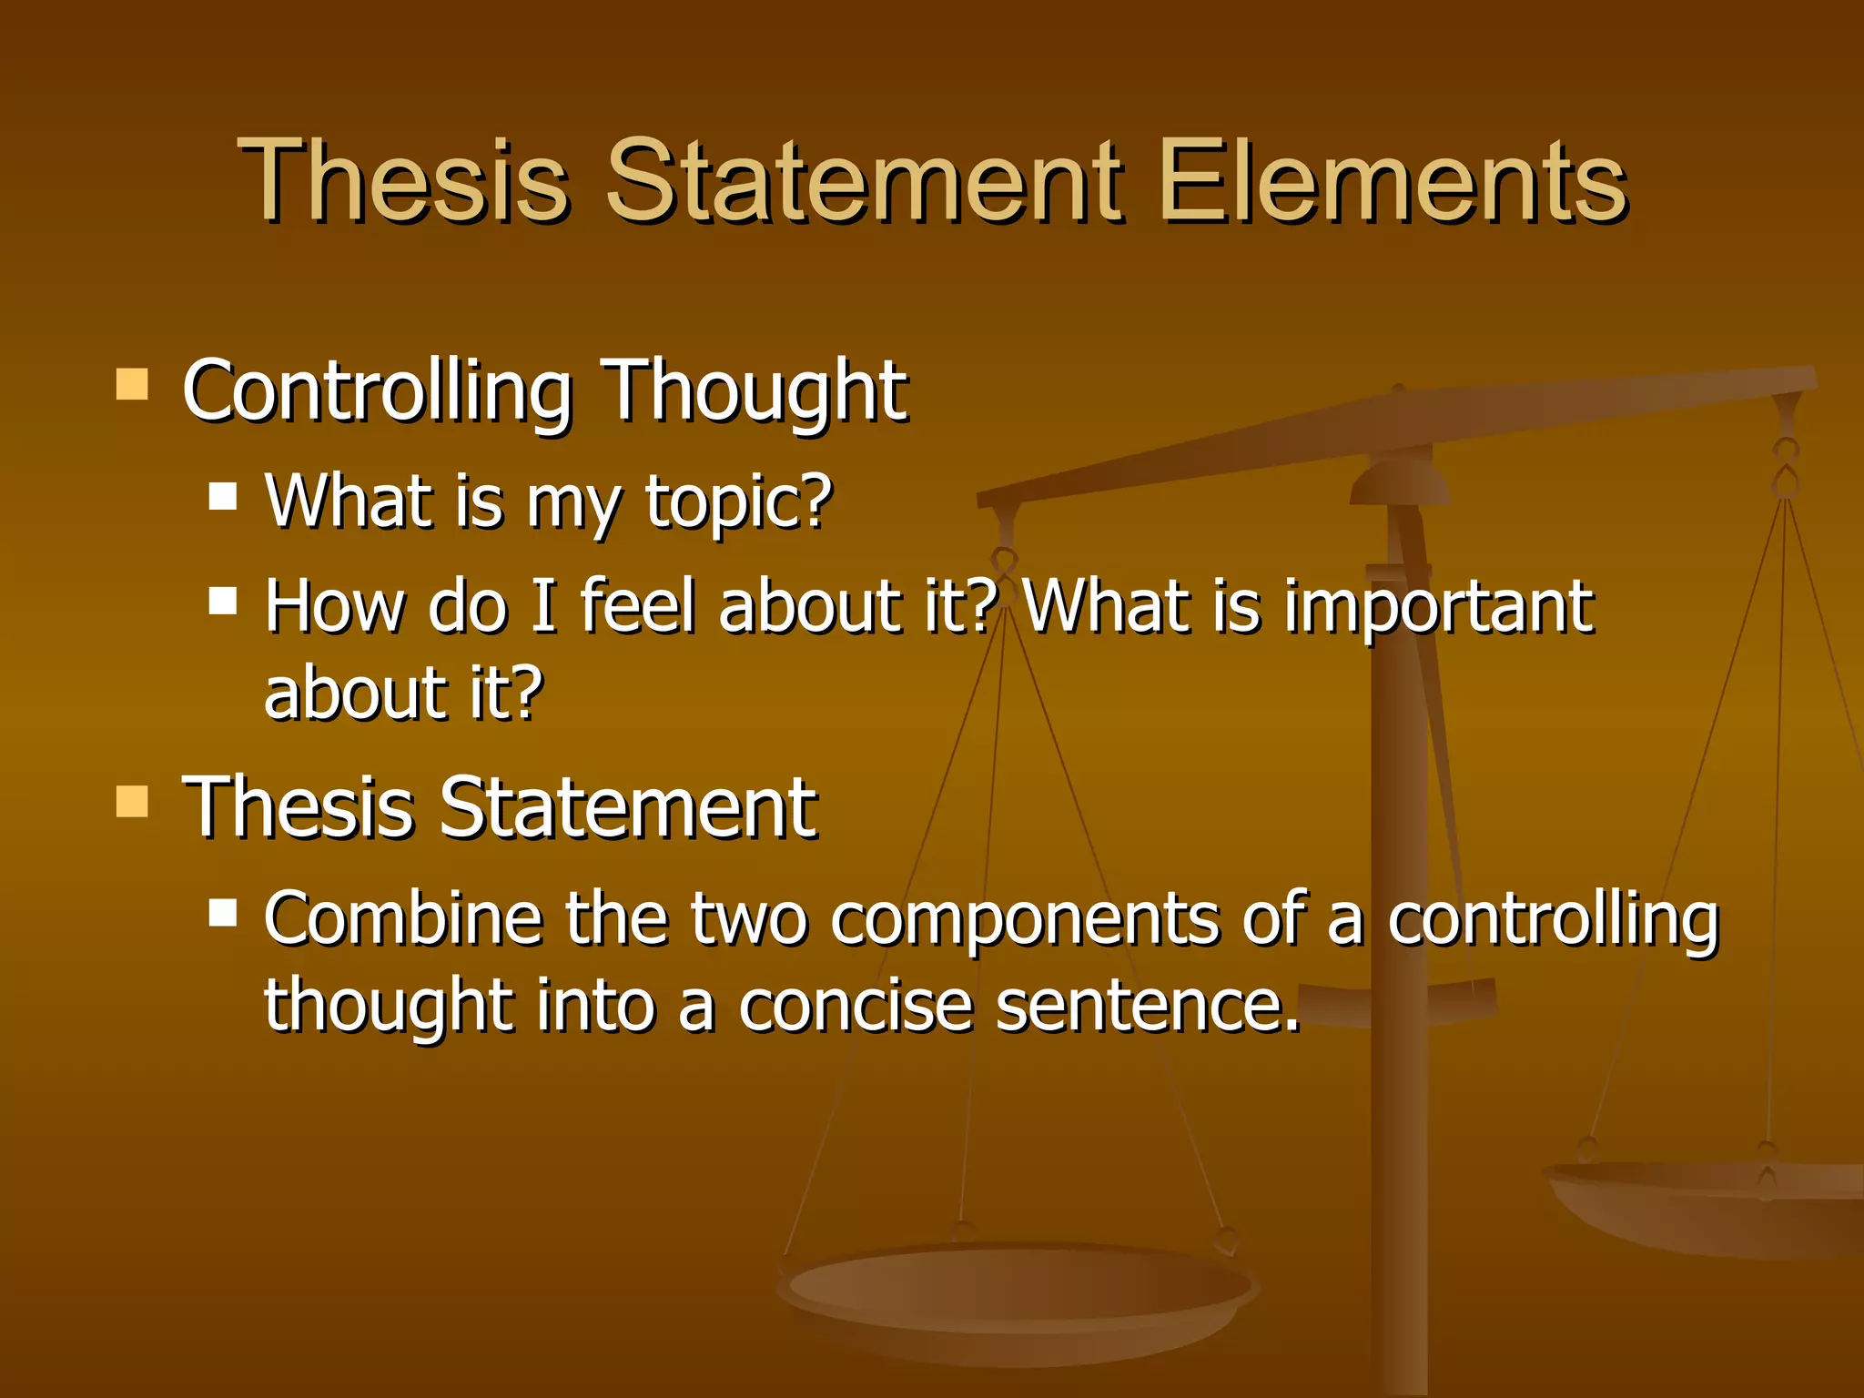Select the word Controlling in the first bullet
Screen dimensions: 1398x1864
(x=377, y=391)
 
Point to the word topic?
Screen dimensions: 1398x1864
(x=739, y=502)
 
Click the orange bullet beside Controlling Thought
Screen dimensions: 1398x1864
(x=133, y=384)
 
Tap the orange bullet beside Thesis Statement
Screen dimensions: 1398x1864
(x=133, y=801)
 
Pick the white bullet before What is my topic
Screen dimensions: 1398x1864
(x=223, y=496)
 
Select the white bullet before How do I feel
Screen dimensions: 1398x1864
(x=223, y=601)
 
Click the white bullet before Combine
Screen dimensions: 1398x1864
(x=223, y=912)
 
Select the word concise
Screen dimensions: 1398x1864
(x=856, y=1006)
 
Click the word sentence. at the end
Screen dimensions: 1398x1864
(x=1147, y=1006)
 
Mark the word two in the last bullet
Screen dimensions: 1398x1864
(x=748, y=919)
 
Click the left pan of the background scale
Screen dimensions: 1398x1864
(x=1018, y=1292)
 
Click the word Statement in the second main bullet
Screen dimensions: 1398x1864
(x=628, y=807)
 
